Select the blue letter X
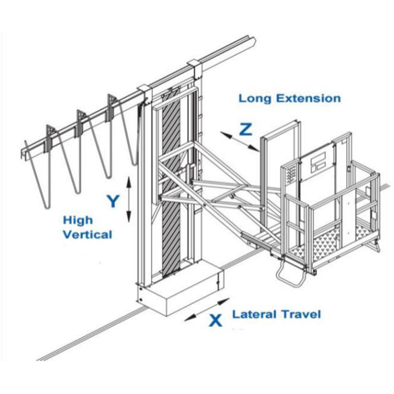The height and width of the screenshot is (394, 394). [215, 321]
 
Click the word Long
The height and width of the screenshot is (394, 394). [255, 98]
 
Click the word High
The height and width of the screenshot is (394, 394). [78, 220]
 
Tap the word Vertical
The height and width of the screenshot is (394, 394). [88, 234]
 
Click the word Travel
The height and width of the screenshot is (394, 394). [300, 314]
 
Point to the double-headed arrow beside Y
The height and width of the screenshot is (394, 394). [129, 199]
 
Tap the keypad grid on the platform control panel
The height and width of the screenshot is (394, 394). [291, 174]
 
